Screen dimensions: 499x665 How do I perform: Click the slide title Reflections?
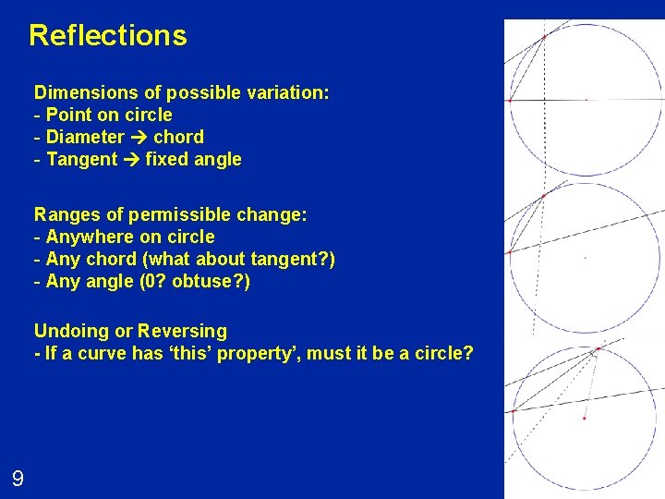click(x=107, y=35)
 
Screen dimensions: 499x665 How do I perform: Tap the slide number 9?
click(x=18, y=479)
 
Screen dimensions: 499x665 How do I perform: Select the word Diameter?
click(x=85, y=137)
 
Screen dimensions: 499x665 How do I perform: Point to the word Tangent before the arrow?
click(x=81, y=159)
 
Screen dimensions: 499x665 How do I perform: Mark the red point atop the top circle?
click(x=544, y=36)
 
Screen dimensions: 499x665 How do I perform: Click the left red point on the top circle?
click(x=510, y=100)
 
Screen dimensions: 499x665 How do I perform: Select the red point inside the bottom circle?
click(x=585, y=419)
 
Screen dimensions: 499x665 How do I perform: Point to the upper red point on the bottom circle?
click(x=597, y=349)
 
